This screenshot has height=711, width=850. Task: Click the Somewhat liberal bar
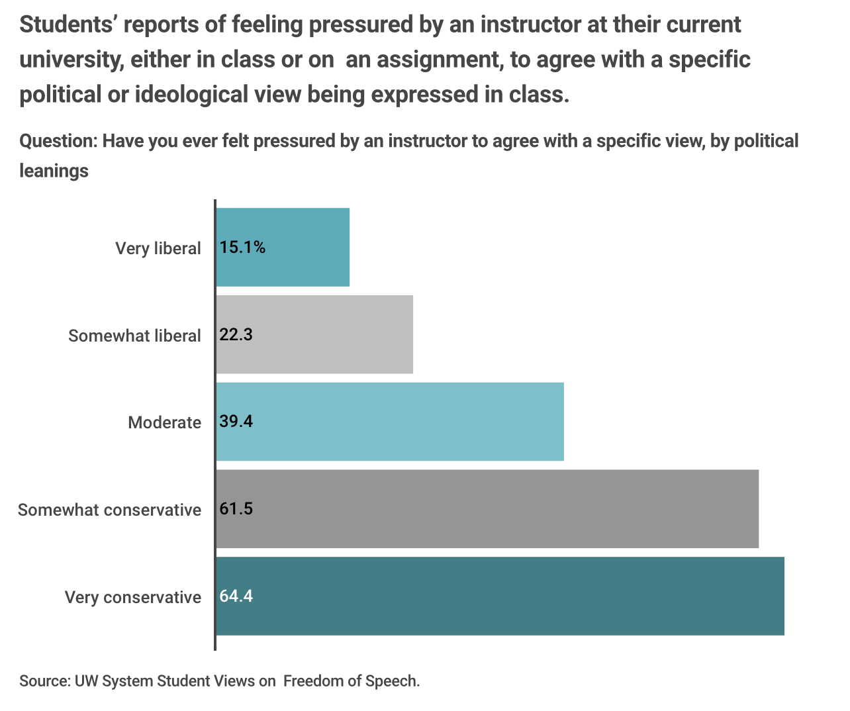click(x=331, y=334)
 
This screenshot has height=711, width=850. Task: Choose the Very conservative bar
click(x=516, y=596)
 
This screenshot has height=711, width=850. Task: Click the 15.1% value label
click(x=242, y=248)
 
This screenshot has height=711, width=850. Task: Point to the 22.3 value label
click(x=236, y=335)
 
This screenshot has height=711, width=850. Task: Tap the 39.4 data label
click(x=236, y=422)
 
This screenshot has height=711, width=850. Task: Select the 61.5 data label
click(x=236, y=509)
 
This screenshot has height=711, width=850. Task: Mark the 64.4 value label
click(x=236, y=596)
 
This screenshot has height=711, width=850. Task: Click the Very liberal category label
click(x=158, y=248)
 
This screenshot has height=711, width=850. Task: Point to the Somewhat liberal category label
click(x=134, y=336)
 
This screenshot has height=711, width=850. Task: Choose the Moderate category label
click(x=164, y=422)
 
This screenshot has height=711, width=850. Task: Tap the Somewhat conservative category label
click(x=109, y=510)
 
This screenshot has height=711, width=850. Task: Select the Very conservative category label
click(x=132, y=597)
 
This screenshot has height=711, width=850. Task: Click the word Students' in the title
click(x=68, y=25)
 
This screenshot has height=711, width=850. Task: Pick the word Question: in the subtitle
click(x=58, y=141)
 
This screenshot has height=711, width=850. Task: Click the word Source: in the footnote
click(x=44, y=681)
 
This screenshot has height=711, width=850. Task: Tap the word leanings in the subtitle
click(x=54, y=171)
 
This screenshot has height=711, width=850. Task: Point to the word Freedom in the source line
click(x=314, y=681)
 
